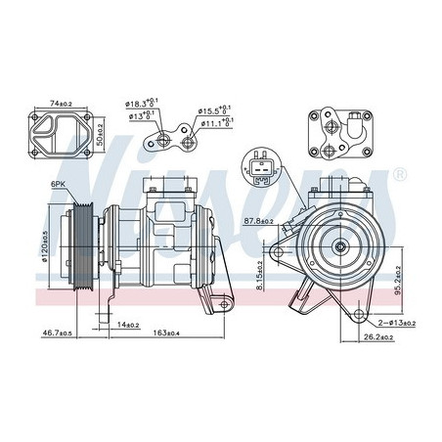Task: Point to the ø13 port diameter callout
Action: coord(140,115)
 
